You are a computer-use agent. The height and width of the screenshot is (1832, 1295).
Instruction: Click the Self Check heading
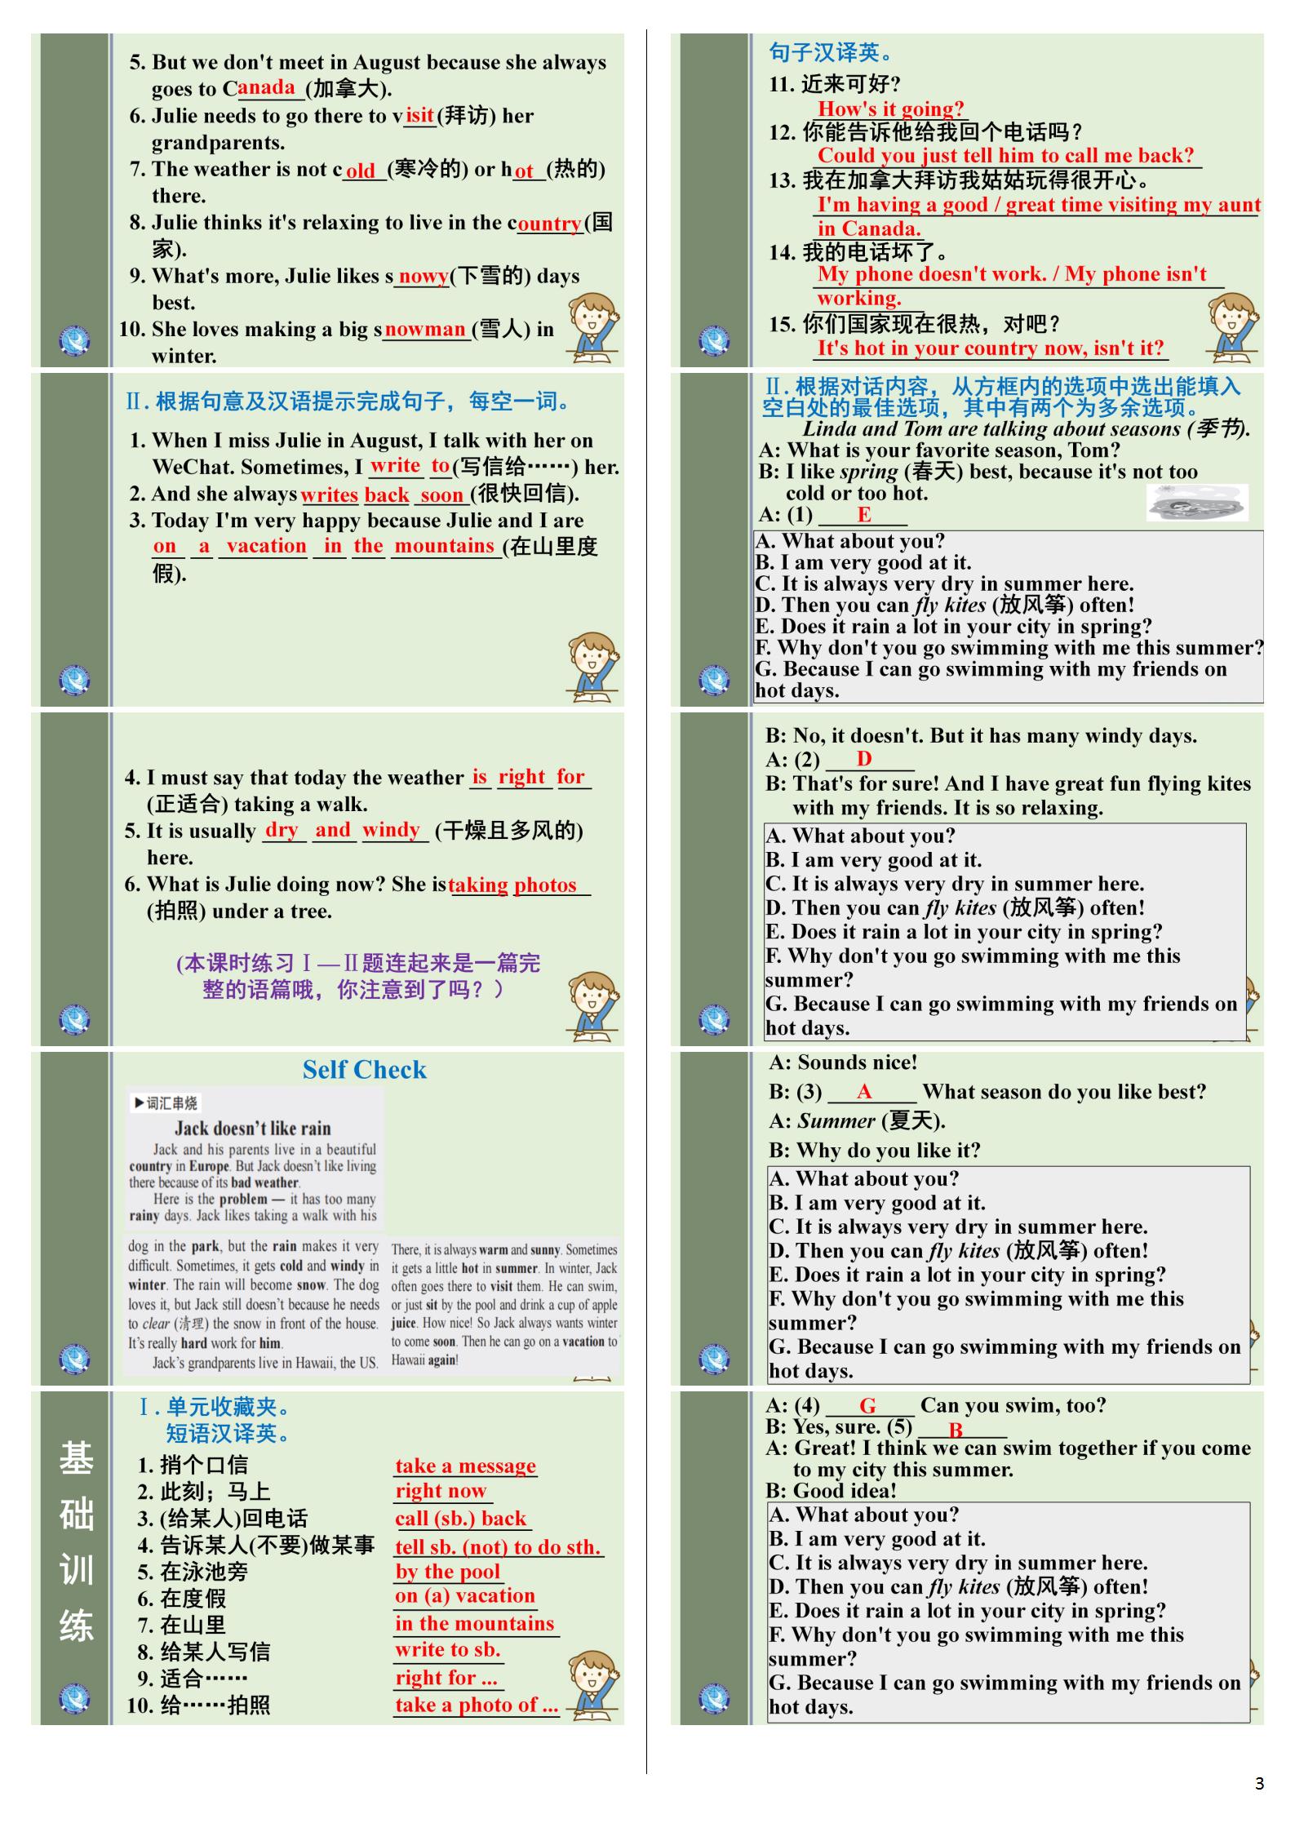click(364, 1070)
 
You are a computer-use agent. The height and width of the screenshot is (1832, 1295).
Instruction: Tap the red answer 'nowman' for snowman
click(425, 330)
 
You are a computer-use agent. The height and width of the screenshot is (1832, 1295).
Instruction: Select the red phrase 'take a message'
click(465, 1466)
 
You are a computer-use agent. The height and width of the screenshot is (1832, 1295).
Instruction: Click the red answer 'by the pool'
click(447, 1572)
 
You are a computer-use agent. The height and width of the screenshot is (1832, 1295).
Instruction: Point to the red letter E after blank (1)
click(864, 515)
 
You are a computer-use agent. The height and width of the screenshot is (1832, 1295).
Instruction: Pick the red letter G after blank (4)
click(867, 1406)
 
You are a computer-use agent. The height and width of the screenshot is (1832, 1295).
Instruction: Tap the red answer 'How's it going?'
click(890, 109)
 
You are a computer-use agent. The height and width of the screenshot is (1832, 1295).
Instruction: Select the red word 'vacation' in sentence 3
click(266, 547)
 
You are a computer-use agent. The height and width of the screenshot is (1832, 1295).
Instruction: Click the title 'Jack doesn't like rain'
click(252, 1129)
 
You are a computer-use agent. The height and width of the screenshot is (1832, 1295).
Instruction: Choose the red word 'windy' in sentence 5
click(392, 831)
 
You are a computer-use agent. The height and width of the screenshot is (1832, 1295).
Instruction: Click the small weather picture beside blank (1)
click(1197, 503)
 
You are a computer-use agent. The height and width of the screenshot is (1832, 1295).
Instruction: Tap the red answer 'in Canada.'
click(869, 229)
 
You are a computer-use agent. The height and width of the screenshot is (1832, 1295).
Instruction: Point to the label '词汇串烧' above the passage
click(166, 1103)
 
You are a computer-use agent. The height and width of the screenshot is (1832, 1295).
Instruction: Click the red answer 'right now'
click(441, 1492)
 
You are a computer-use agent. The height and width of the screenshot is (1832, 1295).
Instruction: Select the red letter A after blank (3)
click(864, 1093)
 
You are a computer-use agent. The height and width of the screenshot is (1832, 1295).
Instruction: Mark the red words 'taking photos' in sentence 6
click(512, 885)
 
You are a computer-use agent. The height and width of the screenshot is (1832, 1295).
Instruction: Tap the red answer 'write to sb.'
click(447, 1650)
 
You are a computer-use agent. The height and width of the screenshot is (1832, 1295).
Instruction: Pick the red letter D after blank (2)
click(864, 760)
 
